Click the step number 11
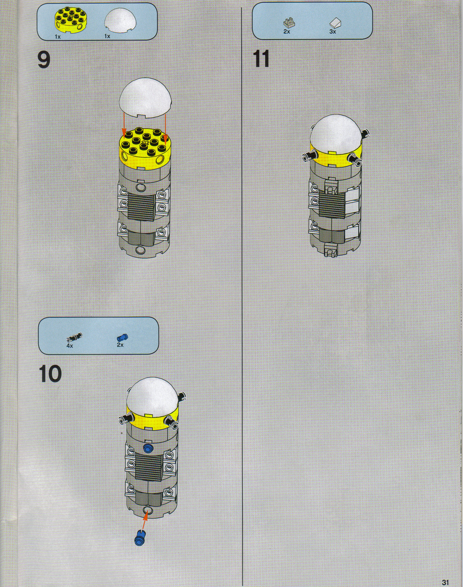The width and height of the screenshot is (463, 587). (261, 59)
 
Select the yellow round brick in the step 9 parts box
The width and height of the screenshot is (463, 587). (69, 21)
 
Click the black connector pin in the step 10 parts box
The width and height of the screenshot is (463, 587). (74, 337)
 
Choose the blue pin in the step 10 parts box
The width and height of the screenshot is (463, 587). (122, 338)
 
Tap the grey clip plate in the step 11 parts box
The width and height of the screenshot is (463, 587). (289, 23)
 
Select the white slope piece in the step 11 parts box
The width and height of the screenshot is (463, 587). (336, 23)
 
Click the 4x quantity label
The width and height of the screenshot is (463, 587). (69, 346)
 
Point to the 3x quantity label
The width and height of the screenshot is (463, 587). (333, 32)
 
